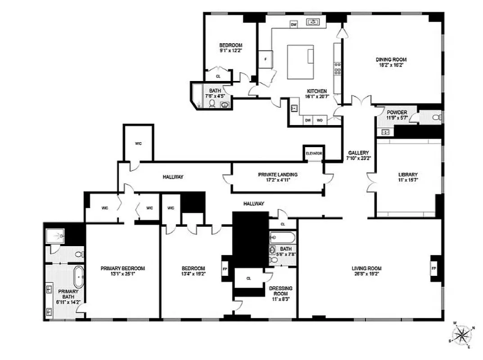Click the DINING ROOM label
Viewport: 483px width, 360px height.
[391, 59]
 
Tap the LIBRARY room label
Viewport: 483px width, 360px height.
[408, 175]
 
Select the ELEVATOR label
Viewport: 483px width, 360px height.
[314, 153]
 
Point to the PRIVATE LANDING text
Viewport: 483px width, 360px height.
[277, 175]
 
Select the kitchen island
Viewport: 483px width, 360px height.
[300, 61]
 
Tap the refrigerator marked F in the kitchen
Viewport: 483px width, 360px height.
[266, 59]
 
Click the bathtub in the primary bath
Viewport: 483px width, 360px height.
[78, 277]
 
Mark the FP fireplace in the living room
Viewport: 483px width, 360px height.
[434, 269]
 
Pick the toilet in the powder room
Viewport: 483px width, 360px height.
[436, 117]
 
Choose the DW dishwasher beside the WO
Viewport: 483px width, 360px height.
[308, 120]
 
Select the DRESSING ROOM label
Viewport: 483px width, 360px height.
[280, 291]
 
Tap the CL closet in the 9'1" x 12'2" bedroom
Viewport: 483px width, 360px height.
[218, 76]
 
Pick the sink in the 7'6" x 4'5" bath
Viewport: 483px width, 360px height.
[224, 105]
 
